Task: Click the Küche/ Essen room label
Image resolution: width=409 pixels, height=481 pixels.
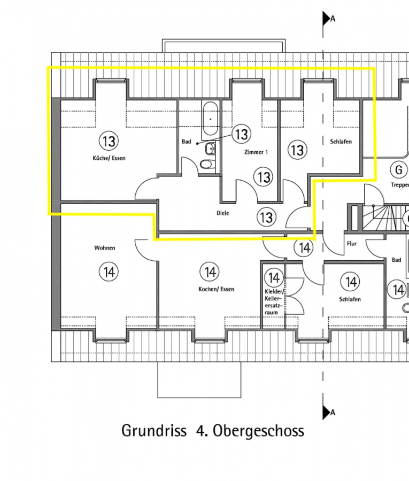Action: point(109,158)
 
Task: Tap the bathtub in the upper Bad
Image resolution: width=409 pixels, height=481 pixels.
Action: point(211,119)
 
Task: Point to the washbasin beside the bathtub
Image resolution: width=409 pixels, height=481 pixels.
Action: point(210,149)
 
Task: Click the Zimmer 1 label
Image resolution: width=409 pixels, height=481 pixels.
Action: point(256,152)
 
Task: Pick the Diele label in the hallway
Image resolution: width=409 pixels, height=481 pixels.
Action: point(223,213)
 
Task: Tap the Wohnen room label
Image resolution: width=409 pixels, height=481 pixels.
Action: point(105,248)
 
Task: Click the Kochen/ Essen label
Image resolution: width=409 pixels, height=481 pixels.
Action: point(217,289)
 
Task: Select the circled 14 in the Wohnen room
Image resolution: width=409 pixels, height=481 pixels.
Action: point(109,272)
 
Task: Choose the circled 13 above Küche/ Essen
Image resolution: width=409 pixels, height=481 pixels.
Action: point(109,141)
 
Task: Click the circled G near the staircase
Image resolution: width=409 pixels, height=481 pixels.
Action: point(399,169)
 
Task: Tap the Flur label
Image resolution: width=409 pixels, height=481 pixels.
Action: point(352,244)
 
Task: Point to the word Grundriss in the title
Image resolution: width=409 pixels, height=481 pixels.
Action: point(154,430)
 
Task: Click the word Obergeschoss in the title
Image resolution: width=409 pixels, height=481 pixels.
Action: point(258,430)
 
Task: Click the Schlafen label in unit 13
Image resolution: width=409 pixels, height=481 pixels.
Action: point(341,142)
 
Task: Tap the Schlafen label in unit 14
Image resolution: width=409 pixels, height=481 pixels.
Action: point(350,299)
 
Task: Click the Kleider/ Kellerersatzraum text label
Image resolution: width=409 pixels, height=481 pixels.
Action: point(274,302)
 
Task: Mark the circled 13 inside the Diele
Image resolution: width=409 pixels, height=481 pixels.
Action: point(266,217)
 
